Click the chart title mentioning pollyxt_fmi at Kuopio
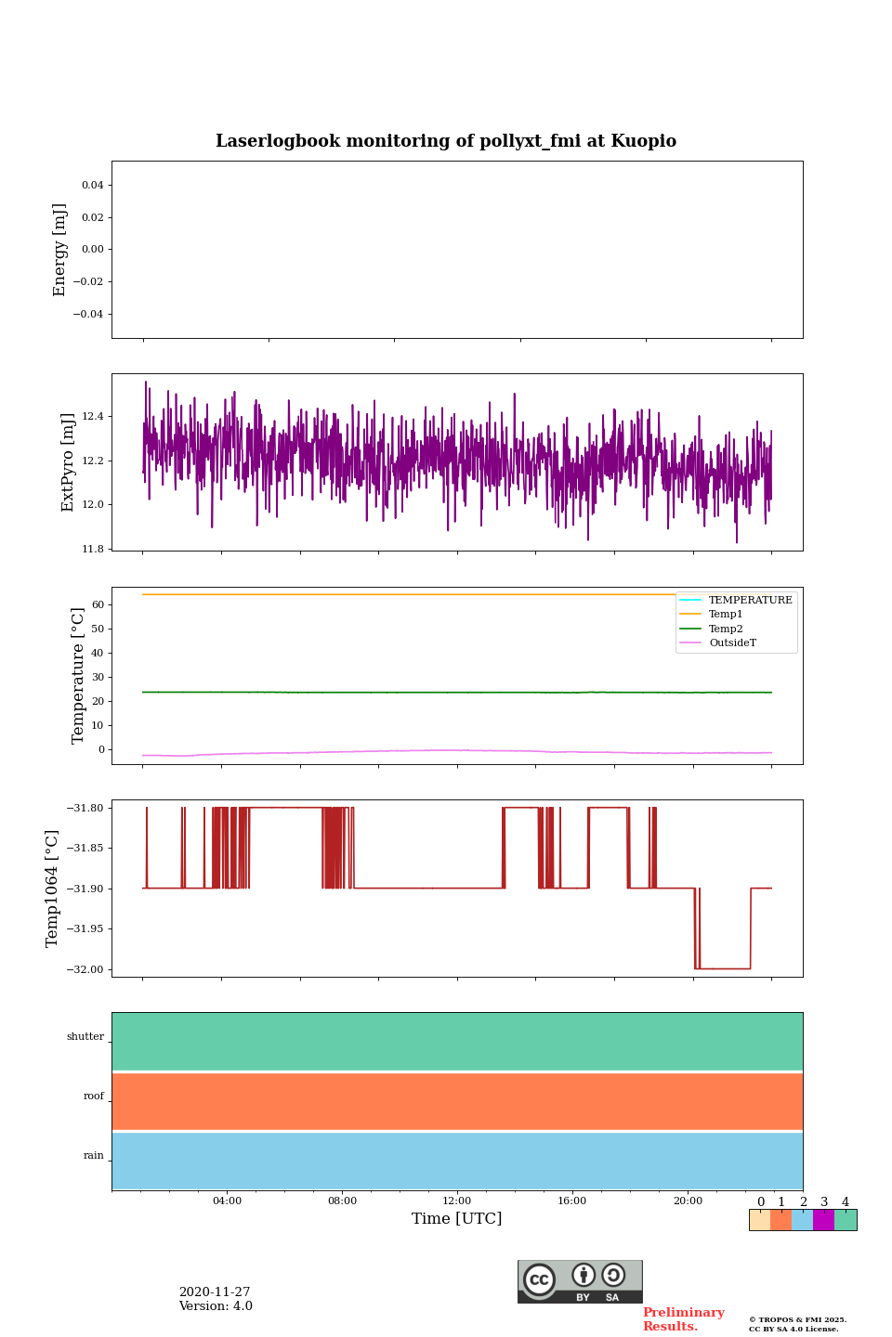point(446,141)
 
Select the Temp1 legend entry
point(725,615)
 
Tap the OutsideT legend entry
point(732,643)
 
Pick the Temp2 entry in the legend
point(725,629)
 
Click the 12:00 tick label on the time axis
point(457,1201)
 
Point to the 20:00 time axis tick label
point(688,1201)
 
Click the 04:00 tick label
point(227,1201)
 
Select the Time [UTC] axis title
point(457,1219)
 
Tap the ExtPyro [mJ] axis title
point(68,462)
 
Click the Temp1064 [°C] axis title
point(53,889)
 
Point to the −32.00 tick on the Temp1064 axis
point(85,969)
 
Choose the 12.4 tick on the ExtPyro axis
point(93,416)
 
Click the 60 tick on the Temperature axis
point(97,604)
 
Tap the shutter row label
point(85,1037)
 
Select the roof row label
point(94,1097)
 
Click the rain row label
point(94,1156)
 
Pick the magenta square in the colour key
point(823,1220)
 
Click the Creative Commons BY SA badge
point(580,1281)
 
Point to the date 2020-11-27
point(215,1292)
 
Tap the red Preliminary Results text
point(683,1319)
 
